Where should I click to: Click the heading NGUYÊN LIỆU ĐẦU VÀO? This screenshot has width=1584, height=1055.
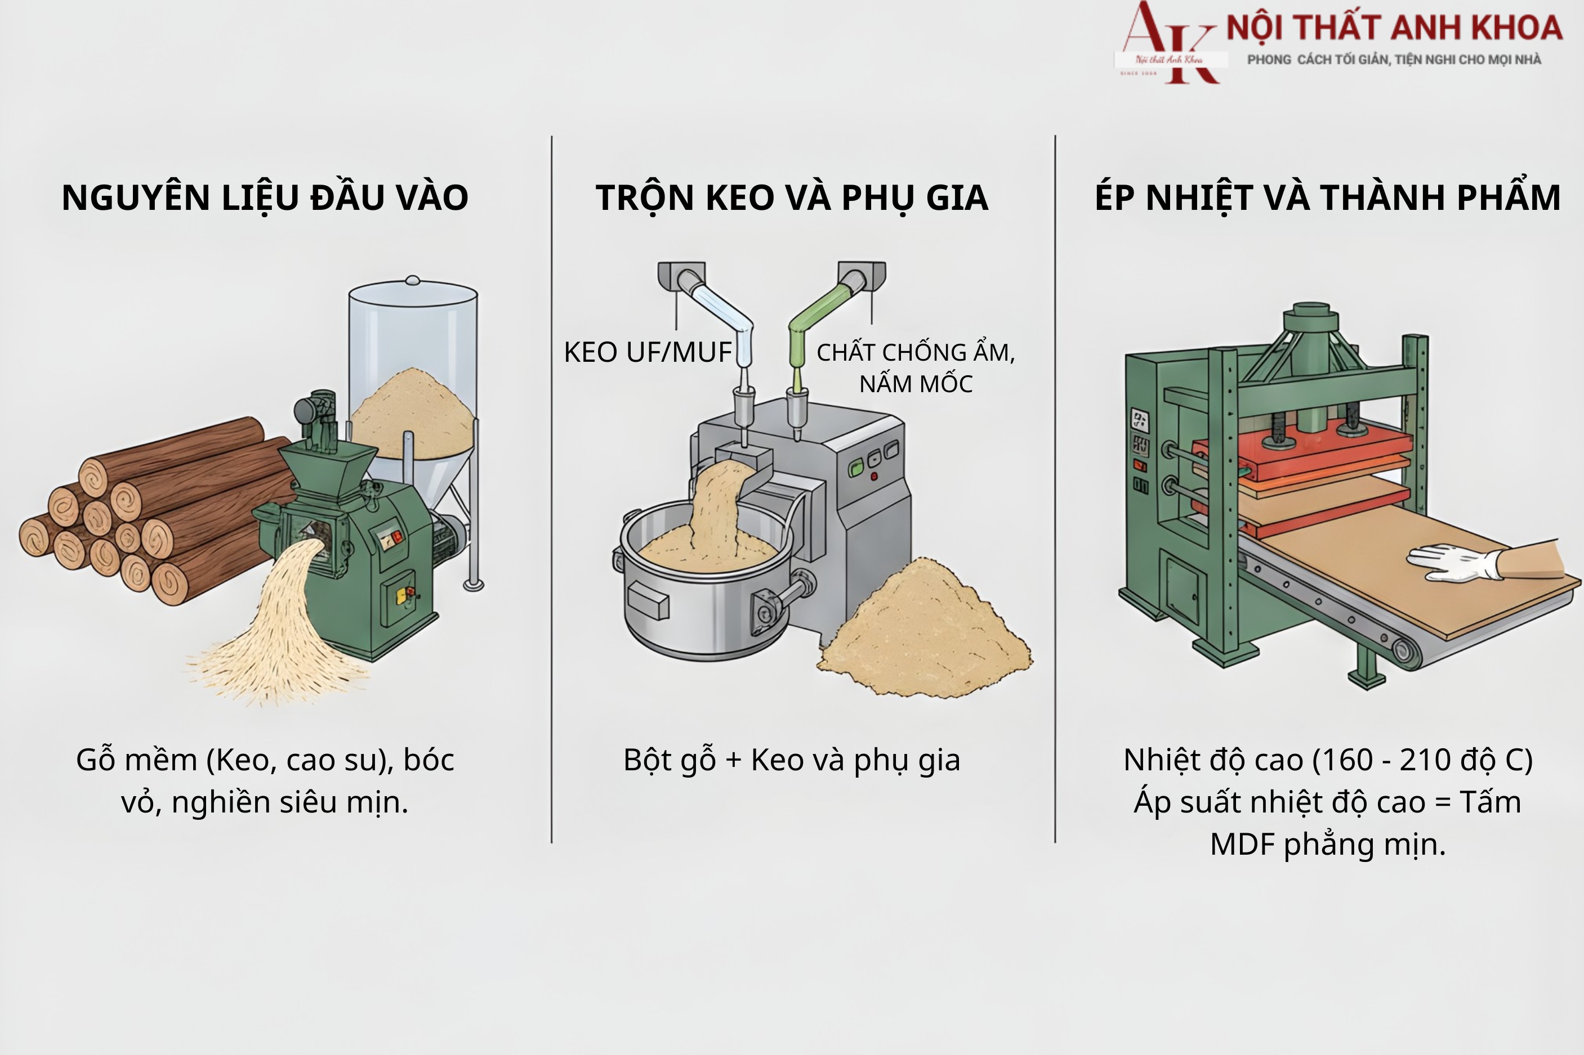click(265, 198)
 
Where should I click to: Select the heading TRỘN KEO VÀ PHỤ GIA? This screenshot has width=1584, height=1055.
click(792, 198)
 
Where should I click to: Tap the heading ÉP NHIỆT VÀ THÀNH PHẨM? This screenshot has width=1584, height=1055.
click(1327, 198)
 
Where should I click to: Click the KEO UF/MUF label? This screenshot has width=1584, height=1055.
click(647, 352)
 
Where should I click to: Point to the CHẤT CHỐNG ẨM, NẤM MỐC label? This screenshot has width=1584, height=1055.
click(916, 367)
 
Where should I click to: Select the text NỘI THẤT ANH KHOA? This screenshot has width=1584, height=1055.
click(1394, 28)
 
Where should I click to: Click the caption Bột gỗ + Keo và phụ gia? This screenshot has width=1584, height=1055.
click(792, 760)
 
